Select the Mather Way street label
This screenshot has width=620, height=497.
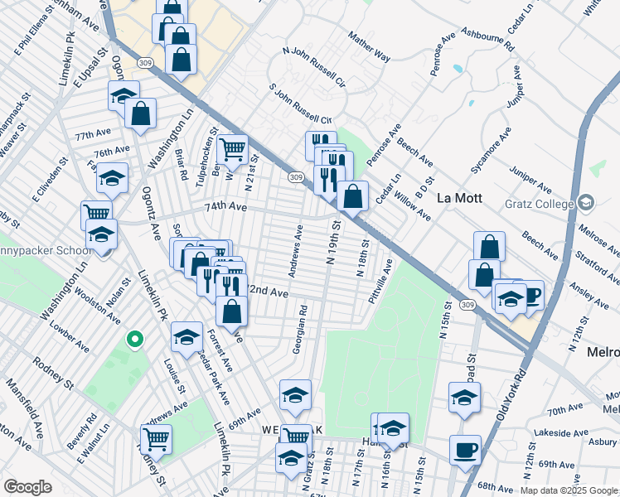pos(370,48)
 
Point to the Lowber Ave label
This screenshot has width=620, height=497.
pos(69,329)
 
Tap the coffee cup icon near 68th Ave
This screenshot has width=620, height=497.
pos(465,450)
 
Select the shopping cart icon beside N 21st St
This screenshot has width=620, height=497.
pos(233,149)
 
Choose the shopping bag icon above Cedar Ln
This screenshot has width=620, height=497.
pos(353,195)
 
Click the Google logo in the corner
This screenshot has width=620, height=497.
pos(28,487)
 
